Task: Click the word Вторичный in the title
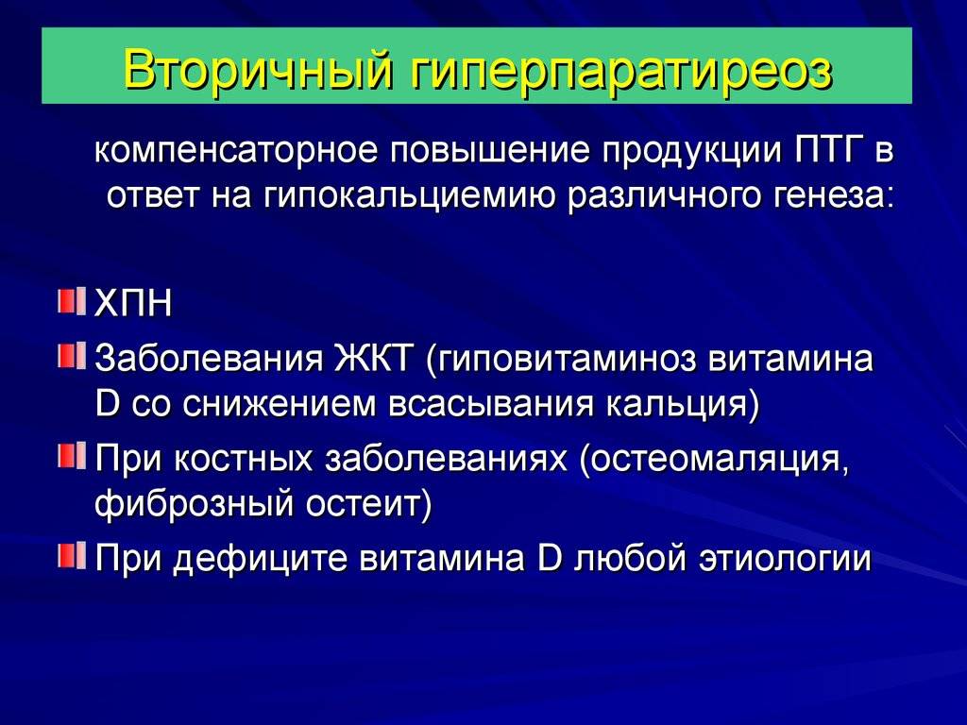(258, 69)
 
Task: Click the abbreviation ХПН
(133, 303)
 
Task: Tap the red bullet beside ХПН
(72, 301)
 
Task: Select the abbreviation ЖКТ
(372, 358)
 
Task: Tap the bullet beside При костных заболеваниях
(72, 456)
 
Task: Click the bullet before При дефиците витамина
(72, 556)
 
